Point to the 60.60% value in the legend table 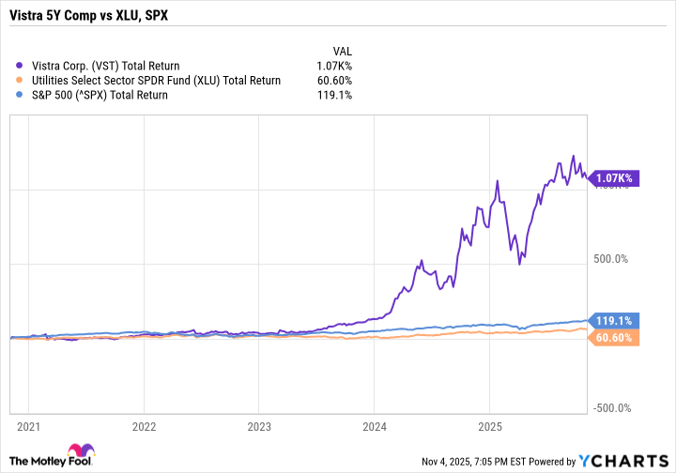[x=334, y=80]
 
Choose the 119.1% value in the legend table [x=335, y=95]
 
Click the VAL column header [x=342, y=51]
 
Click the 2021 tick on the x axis [x=28, y=423]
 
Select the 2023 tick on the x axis [x=258, y=423]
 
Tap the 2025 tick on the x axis [x=488, y=423]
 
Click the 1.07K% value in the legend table [x=334, y=66]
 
